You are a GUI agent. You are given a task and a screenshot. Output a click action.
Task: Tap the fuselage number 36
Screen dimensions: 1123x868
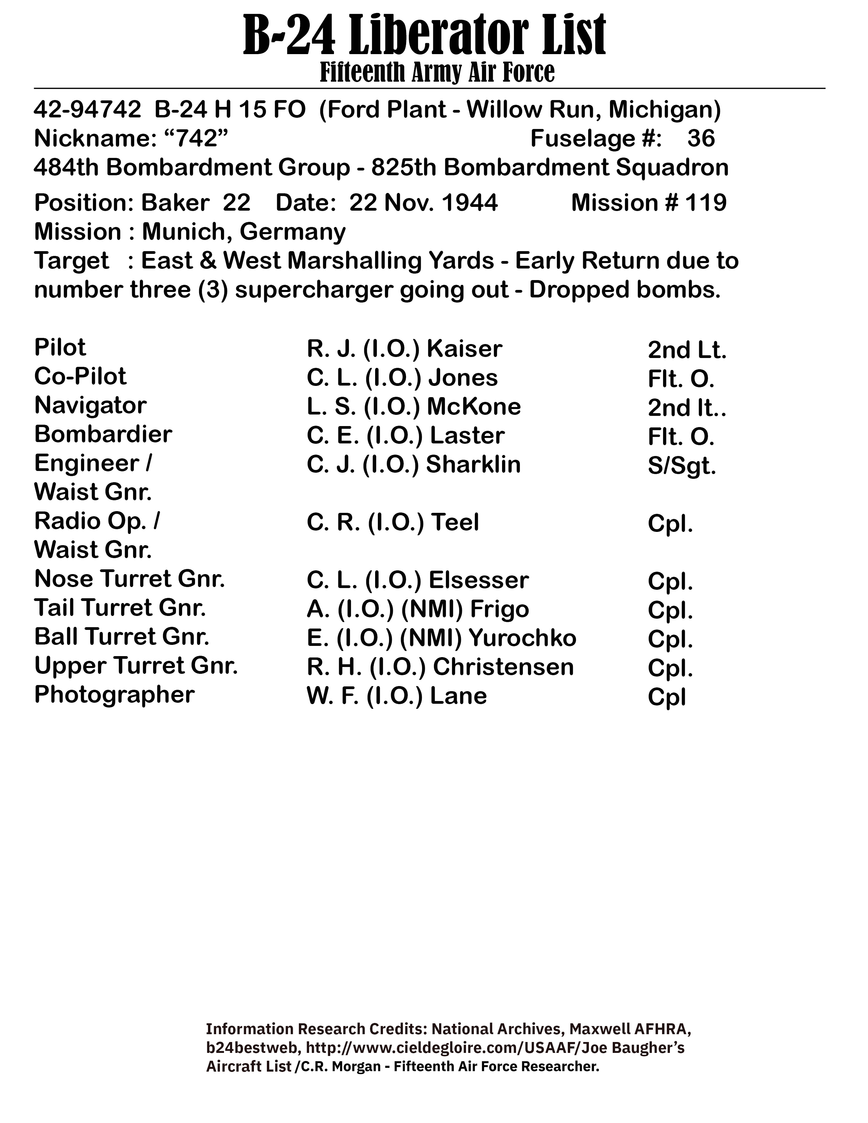(x=701, y=139)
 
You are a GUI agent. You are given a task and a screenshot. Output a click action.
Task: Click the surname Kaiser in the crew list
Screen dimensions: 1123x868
(x=464, y=349)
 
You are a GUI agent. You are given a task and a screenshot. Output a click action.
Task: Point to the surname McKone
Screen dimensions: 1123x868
(x=473, y=407)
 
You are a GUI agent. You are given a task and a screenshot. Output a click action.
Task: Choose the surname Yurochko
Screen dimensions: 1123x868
(x=522, y=638)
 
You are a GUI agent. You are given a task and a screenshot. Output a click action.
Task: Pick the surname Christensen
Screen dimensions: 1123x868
(x=503, y=667)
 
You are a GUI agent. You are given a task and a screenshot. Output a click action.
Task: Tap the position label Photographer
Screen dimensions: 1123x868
(x=114, y=695)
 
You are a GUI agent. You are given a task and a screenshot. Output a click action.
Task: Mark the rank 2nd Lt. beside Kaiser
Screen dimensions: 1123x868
(x=687, y=350)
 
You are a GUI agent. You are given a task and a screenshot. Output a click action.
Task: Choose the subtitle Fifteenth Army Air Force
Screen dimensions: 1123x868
(x=437, y=72)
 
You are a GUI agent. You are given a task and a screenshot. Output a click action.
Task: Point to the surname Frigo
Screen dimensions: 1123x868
(x=499, y=609)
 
